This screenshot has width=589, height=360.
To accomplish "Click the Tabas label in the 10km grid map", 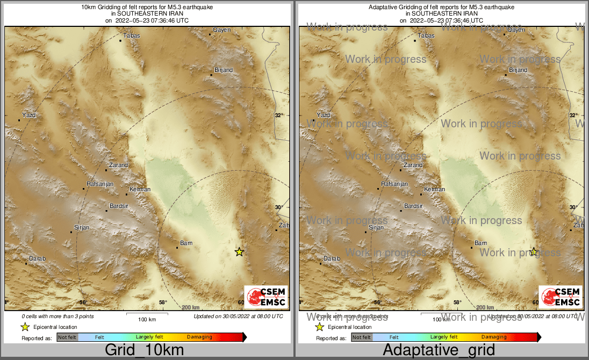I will tap(132, 36).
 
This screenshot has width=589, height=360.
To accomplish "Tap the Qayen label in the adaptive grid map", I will tap(516, 30).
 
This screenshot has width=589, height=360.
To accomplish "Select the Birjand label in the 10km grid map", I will tap(224, 70).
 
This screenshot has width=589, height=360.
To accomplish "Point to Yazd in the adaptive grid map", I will tap(324, 116).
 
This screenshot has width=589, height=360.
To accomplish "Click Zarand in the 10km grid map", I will tap(118, 165).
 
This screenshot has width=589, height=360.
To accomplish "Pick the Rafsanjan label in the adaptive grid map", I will tap(395, 184).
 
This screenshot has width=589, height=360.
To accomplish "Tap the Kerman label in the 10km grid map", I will tap(140, 190).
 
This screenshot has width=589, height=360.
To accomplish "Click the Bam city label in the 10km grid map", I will tap(186, 243).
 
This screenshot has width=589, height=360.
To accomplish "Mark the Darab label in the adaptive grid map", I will tap(332, 259).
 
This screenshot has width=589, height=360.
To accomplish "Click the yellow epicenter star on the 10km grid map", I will tap(239, 252).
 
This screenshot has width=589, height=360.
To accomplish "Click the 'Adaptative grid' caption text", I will tap(439, 350).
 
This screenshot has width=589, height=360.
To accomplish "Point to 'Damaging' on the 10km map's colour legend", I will tap(199, 337).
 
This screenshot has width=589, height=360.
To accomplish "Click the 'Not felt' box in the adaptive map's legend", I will tap(362, 337).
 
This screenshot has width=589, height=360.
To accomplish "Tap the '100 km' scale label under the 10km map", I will tap(147, 320).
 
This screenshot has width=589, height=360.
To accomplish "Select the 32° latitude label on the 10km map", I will tap(279, 116).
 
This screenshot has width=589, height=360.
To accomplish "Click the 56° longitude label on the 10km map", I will tap(83, 303).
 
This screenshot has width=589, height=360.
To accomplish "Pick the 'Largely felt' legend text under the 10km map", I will tap(149, 337).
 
